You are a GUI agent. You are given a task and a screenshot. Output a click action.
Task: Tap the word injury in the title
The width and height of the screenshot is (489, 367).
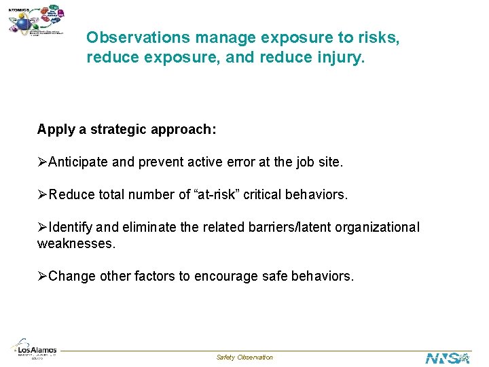pyautogui.click(x=340, y=58)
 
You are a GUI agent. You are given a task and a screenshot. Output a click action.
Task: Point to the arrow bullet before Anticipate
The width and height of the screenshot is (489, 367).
pyautogui.click(x=43, y=162)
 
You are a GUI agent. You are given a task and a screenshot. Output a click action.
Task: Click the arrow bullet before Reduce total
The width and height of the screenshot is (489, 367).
pyautogui.click(x=43, y=195)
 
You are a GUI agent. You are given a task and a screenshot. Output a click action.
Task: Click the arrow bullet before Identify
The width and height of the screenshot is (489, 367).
pyautogui.click(x=43, y=228)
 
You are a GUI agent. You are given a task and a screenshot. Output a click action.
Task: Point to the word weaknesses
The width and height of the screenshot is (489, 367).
pyautogui.click(x=76, y=243)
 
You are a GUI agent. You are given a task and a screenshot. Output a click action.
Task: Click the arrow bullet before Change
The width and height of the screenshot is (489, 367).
pyautogui.click(x=43, y=276)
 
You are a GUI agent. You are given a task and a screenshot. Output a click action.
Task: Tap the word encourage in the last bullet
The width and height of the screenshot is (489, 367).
pyautogui.click(x=226, y=276)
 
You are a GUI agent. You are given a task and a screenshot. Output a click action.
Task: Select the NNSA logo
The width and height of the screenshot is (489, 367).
pyautogui.click(x=447, y=357)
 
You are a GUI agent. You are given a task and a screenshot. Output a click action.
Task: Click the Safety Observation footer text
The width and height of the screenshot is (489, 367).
pyautogui.click(x=244, y=357)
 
